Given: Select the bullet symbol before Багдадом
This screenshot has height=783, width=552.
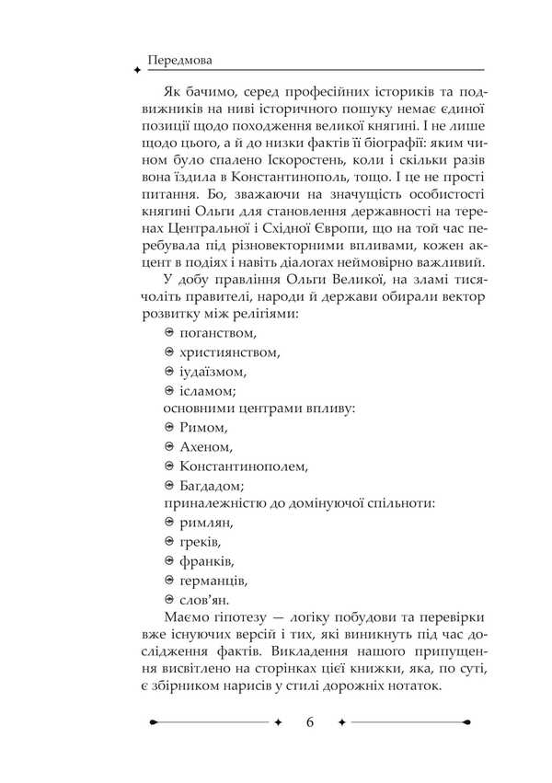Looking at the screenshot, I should [169, 486].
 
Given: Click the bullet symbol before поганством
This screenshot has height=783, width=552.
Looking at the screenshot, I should [169, 332].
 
